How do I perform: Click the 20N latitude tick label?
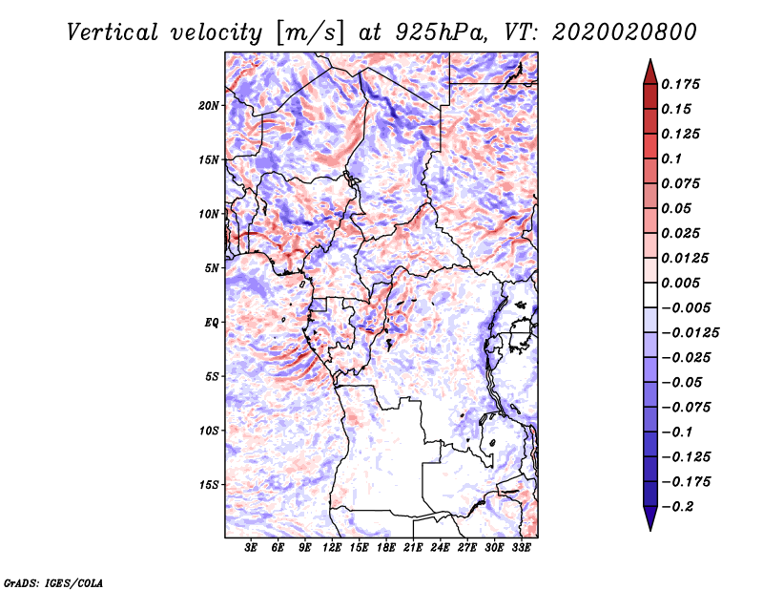click(x=209, y=106)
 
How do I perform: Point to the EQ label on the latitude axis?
click(x=212, y=323)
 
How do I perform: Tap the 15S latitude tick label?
click(x=209, y=485)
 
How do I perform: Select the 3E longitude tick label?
click(x=251, y=548)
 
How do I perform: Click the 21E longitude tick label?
click(x=413, y=548)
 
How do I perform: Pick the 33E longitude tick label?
click(x=521, y=548)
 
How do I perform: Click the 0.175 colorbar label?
click(x=680, y=84)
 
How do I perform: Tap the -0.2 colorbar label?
click(x=677, y=507)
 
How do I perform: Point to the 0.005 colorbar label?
click(x=680, y=283)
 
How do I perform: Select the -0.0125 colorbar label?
click(x=690, y=333)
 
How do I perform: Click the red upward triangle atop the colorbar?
click(x=650, y=73)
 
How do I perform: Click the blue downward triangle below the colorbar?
click(x=650, y=518)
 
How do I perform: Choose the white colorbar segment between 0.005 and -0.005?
click(x=650, y=295)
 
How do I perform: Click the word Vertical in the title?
click(x=113, y=32)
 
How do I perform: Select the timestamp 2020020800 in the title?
click(x=625, y=32)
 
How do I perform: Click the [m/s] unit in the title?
click(x=309, y=33)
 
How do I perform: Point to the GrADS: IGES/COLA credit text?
click(x=53, y=583)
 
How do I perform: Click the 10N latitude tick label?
click(x=209, y=214)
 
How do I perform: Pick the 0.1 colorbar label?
click(x=671, y=158)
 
